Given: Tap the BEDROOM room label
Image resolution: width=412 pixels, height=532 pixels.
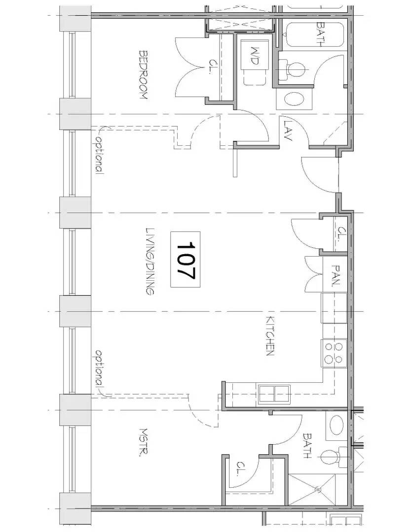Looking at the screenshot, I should (x=143, y=75).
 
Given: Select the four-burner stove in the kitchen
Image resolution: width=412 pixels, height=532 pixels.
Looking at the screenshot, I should (x=334, y=353).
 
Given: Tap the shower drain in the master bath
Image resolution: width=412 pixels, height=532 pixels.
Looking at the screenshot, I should (x=318, y=490).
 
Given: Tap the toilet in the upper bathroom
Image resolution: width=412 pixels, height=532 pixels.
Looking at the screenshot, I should (x=291, y=69).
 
